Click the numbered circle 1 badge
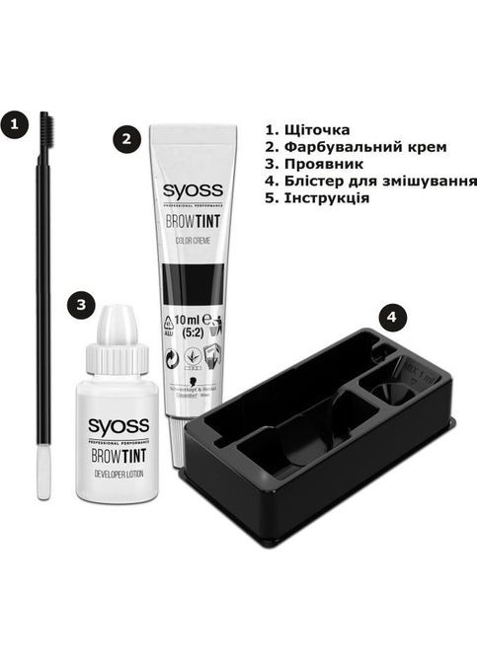click(x=13, y=124)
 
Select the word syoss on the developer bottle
click(x=118, y=426)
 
